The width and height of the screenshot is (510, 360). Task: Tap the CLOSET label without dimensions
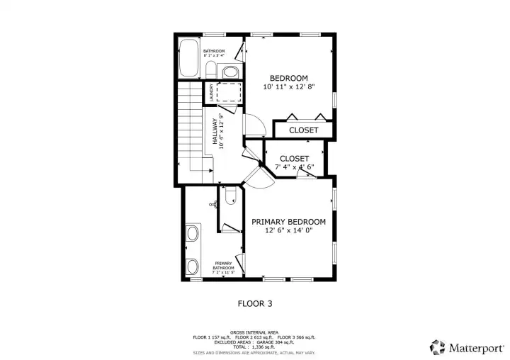(x=303, y=130)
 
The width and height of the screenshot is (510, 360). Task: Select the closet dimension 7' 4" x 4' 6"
(x=294, y=167)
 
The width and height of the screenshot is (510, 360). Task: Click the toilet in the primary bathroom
(x=229, y=198)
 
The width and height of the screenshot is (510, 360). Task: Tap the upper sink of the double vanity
(x=191, y=234)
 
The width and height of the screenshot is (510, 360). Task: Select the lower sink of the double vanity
(x=191, y=266)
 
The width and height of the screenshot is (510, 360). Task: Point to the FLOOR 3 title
(x=254, y=303)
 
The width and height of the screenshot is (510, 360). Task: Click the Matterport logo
(x=467, y=347)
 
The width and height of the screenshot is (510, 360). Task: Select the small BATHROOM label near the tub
(x=214, y=52)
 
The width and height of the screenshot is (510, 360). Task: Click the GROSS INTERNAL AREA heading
(x=254, y=332)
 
